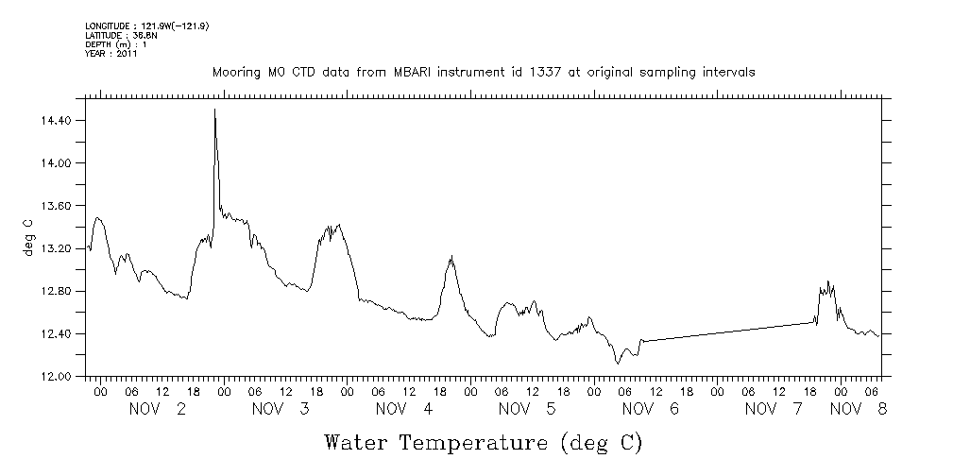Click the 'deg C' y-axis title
pyautogui.click(x=28, y=236)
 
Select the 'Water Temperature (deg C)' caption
pyautogui.click(x=485, y=442)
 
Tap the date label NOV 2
pyautogui.click(x=159, y=409)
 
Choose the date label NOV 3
pyautogui.click(x=281, y=409)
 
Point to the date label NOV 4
pyautogui.click(x=404, y=409)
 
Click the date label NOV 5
pyautogui.click(x=527, y=409)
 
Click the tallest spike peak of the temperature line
pyautogui.click(x=215, y=110)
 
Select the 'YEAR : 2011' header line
pyautogui.click(x=111, y=54)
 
